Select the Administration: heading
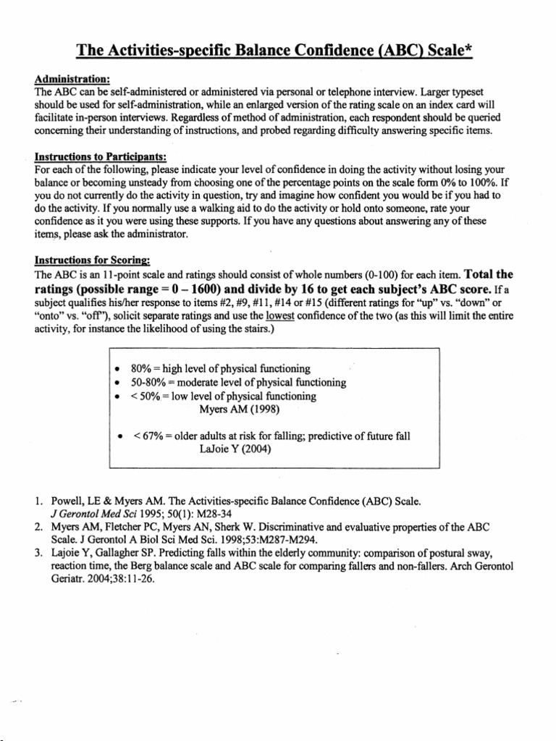click(72, 80)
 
